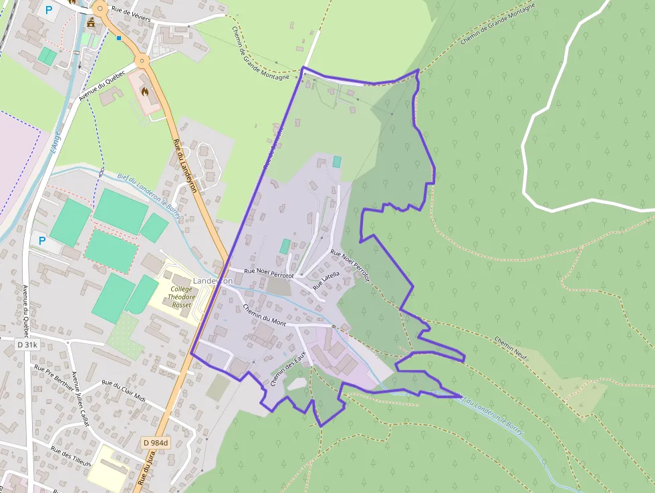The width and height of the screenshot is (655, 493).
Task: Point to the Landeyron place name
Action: click(213, 281)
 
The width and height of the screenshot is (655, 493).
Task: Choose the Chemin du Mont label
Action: click(265, 316)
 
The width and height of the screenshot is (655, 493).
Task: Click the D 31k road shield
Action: click(28, 344)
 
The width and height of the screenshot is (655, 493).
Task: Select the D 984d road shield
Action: click(156, 443)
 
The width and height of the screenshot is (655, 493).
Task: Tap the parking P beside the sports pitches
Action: click(42, 240)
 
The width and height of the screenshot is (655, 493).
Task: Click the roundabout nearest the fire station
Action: click(142, 61)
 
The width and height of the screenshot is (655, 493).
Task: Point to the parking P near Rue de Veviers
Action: click(48, 10)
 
